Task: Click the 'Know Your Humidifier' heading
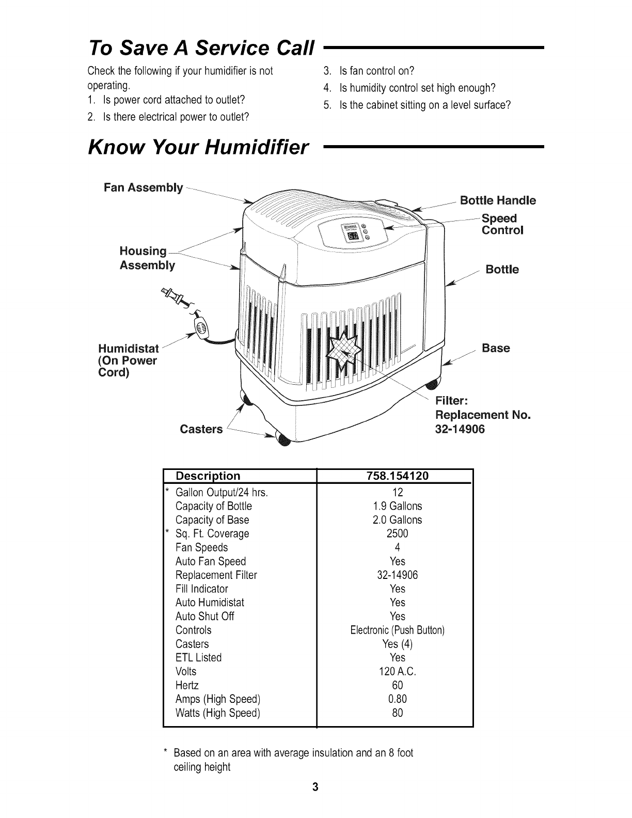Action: point(199,148)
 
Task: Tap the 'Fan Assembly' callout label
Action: point(143,187)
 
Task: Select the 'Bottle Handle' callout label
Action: point(498,200)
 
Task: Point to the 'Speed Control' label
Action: point(502,224)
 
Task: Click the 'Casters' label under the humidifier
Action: point(201,429)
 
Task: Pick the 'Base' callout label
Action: point(495,348)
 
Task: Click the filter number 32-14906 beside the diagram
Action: point(461,429)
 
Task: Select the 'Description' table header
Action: point(208,476)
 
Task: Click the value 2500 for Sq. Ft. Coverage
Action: point(397,533)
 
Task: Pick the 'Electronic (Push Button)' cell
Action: point(397,630)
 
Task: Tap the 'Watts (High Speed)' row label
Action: point(217,713)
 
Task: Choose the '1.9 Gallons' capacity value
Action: point(397,506)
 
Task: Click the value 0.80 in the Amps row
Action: point(397,699)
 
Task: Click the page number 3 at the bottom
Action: point(315,802)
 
